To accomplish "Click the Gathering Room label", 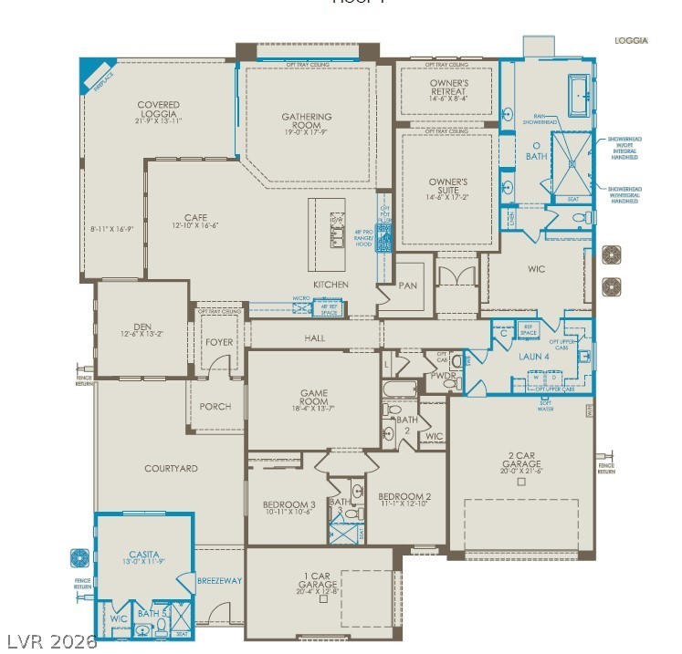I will (x=306, y=117).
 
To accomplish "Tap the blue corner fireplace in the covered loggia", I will (x=95, y=73).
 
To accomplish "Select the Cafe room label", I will (x=195, y=218).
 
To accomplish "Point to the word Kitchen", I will (x=331, y=285).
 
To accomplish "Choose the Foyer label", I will (x=219, y=342).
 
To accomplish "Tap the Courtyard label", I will (x=171, y=469).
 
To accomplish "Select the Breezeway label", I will (x=219, y=580).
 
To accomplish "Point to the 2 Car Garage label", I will (x=520, y=459).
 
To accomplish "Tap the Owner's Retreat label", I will (x=448, y=87).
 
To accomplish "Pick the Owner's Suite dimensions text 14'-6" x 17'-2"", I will (x=448, y=197).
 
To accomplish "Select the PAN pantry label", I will (x=408, y=285).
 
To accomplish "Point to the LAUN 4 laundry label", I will (x=534, y=357).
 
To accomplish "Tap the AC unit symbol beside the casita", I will (x=77, y=556).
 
